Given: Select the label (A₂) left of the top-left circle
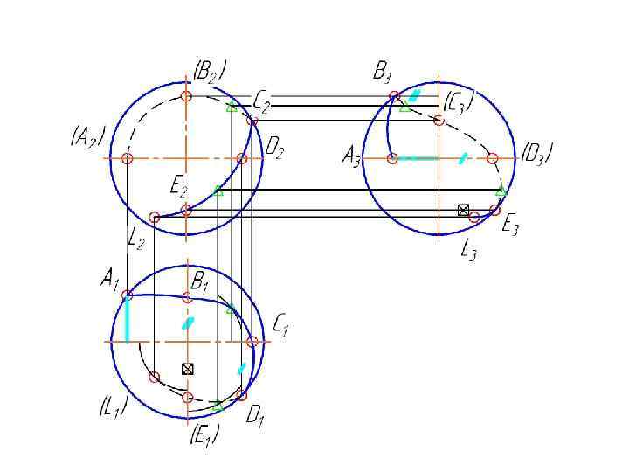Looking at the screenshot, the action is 87,137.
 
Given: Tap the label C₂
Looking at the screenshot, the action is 261,102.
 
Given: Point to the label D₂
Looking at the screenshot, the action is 273,151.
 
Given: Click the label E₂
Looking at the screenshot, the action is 179,186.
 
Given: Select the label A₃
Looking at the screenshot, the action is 351,158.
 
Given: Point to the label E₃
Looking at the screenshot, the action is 510,226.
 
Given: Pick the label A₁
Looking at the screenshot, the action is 109,279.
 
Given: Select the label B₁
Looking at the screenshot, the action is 199,281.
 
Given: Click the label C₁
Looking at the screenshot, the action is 280,325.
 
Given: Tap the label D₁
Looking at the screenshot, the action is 254,416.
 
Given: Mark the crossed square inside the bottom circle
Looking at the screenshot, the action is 186,369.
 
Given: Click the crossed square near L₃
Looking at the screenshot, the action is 463,209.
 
